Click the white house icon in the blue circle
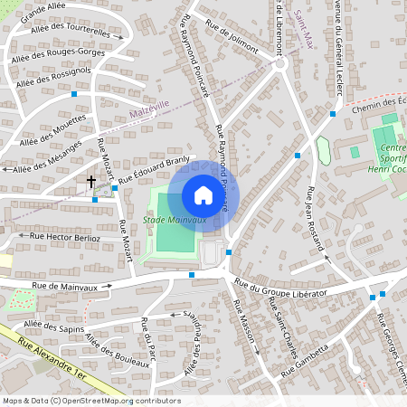[203, 194]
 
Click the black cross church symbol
[90, 182]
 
